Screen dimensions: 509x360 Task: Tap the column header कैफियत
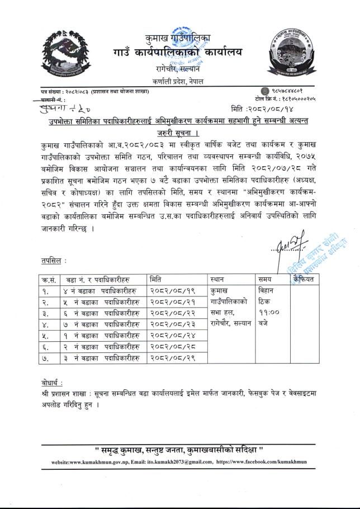coord(304,278)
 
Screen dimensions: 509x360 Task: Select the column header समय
coord(265,279)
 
